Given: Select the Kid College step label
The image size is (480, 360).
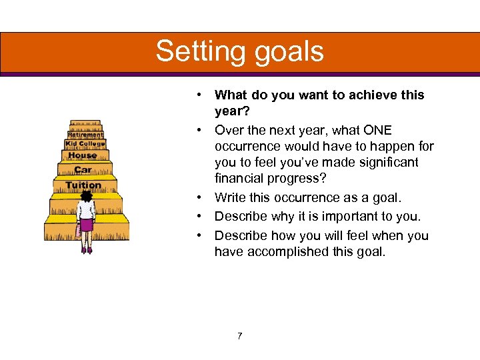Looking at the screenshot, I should click(85, 144).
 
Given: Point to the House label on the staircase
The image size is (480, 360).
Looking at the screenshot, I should click(83, 156).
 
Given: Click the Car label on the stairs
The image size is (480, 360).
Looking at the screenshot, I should click(83, 170).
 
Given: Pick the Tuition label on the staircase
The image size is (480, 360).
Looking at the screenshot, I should click(83, 185).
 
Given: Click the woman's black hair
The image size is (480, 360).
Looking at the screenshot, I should click(86, 196).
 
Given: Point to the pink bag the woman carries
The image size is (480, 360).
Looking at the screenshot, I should click(78, 231).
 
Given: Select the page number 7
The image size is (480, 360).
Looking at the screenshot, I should click(239, 335).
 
